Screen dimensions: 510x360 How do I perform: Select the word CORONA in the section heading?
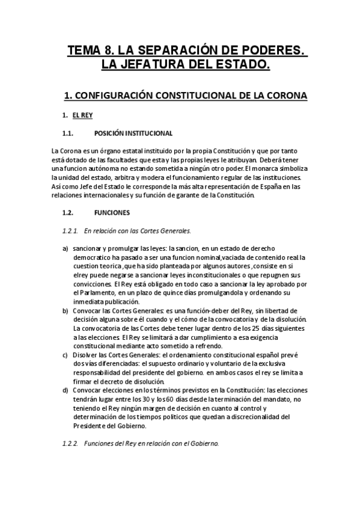tap(286, 95)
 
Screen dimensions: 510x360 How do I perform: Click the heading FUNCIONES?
tap(112, 212)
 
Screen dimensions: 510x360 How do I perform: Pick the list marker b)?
tap(66, 310)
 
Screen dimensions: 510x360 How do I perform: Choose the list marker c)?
tap(66, 355)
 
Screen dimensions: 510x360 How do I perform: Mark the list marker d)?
tap(66, 390)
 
